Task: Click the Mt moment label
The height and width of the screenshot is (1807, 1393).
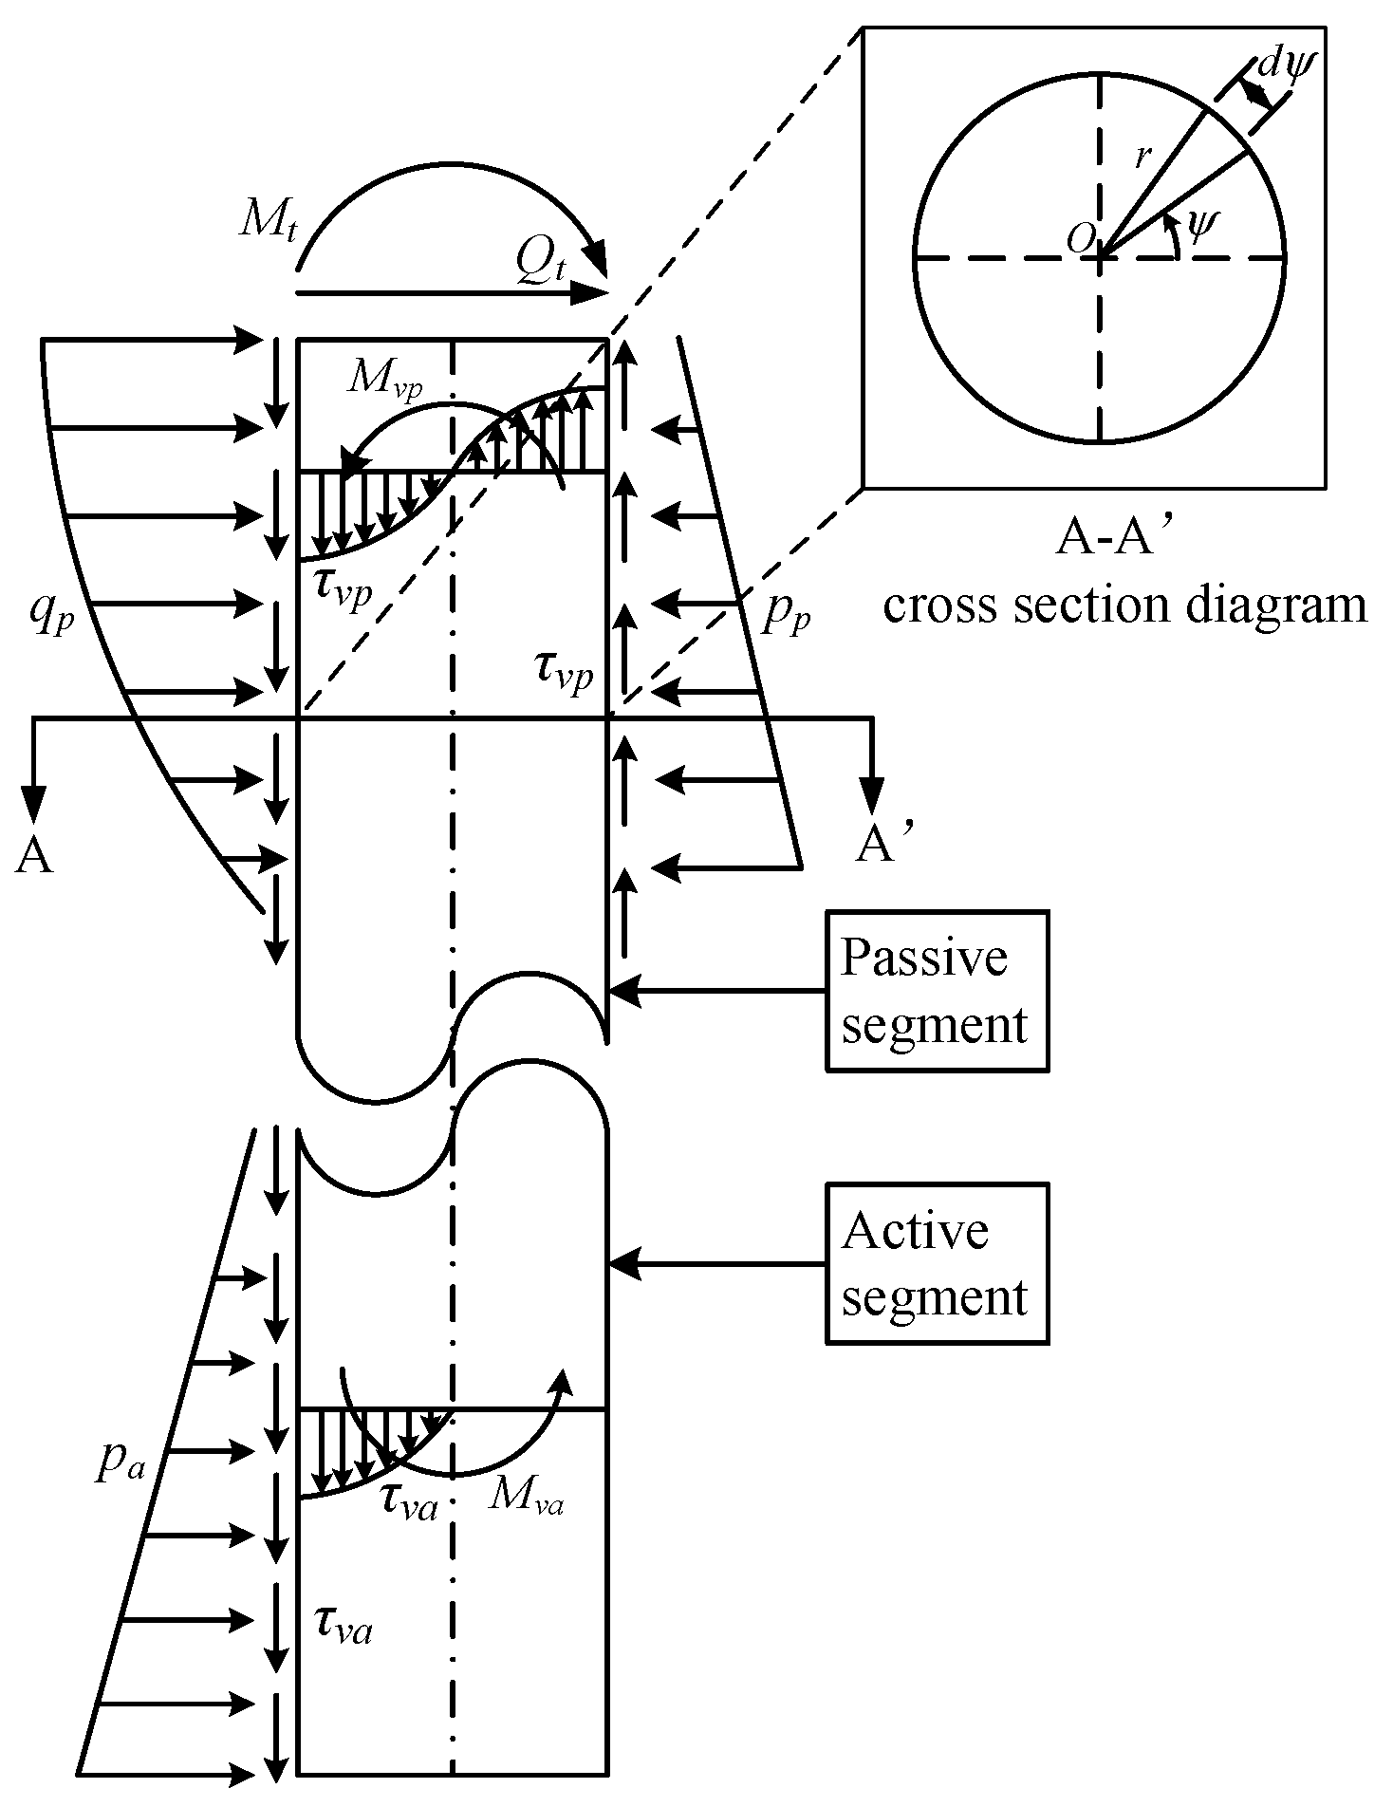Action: (268, 224)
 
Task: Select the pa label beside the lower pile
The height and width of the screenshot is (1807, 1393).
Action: (121, 1466)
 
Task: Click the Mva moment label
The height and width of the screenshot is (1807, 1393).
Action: (527, 1497)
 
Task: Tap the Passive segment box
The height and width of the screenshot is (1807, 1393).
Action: (937, 991)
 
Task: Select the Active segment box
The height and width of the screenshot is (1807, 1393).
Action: (937, 1263)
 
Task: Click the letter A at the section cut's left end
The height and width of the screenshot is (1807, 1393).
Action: (33, 856)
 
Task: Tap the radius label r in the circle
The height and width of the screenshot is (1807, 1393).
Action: (1143, 157)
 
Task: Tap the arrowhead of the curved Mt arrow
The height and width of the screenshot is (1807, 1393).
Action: (596, 255)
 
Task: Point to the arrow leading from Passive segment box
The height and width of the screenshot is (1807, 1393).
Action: (716, 991)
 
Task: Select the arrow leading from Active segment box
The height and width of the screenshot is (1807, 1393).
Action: (716, 1263)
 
